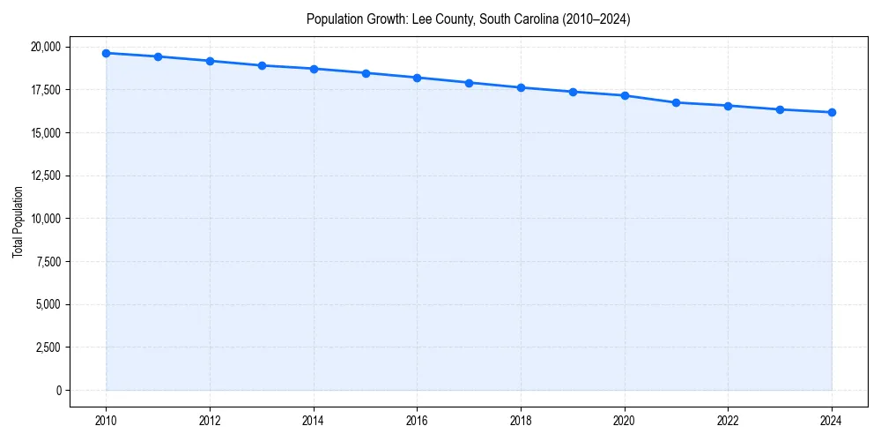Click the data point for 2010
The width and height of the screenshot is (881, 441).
click(106, 53)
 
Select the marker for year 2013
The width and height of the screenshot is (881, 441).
click(262, 65)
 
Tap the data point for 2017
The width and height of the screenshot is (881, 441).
click(469, 83)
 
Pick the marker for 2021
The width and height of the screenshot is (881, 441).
click(676, 102)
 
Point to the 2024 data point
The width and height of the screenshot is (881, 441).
click(832, 112)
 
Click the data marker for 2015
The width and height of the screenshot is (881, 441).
click(366, 73)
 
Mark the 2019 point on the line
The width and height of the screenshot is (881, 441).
click(573, 92)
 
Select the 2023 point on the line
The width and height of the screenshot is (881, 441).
click(780, 109)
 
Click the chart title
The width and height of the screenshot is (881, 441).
click(468, 19)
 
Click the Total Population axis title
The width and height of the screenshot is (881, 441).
click(18, 221)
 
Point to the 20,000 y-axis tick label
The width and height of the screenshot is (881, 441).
click(46, 47)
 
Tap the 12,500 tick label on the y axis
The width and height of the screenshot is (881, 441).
click(46, 176)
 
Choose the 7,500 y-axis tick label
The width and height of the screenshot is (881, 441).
click(48, 261)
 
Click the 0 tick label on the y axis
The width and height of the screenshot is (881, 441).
click(58, 390)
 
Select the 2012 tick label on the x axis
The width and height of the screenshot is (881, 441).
click(210, 420)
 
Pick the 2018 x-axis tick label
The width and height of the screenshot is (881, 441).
click(521, 420)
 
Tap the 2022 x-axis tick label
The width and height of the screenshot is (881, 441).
click(728, 420)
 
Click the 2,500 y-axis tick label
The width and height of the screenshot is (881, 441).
click(48, 348)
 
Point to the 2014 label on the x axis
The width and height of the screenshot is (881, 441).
click(314, 420)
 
